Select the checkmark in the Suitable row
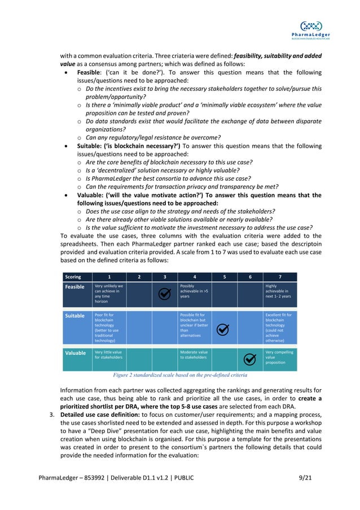tap(223, 329)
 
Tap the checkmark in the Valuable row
tap(250, 359)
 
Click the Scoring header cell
tap(73, 277)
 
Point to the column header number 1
tap(109, 277)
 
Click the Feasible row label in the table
tap(75, 287)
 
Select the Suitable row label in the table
tap(74, 316)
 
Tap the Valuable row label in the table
tap(75, 353)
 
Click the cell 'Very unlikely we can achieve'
tap(109, 294)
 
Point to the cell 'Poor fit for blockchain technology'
tap(109, 328)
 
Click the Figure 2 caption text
tap(180, 374)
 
